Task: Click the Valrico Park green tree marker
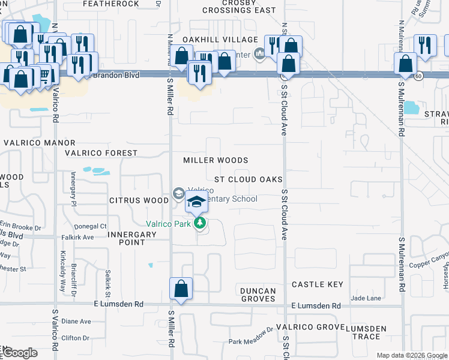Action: [200, 224]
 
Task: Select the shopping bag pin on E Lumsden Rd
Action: [181, 289]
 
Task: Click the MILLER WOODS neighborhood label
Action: [215, 160]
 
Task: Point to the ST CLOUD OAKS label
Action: [249, 179]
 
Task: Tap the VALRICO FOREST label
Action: [101, 153]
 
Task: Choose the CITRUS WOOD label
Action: [139, 200]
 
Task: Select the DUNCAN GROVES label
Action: [259, 295]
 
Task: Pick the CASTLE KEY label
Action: [318, 284]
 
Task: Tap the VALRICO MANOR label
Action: [40, 143]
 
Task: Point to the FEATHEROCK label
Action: [111, 4]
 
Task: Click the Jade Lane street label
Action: [366, 298]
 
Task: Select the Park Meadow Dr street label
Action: [251, 341]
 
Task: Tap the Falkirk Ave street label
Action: [78, 237]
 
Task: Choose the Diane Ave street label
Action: [76, 321]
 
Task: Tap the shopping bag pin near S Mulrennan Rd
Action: [405, 65]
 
